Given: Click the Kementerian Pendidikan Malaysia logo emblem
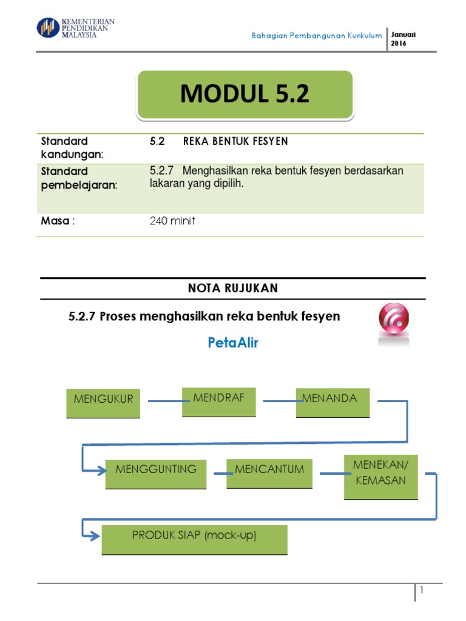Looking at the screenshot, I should coord(48,27).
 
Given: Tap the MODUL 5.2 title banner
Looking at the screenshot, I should coord(245,94).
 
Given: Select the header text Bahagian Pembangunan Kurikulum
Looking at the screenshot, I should coord(317,36).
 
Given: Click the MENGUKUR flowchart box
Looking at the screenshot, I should coord(103,403).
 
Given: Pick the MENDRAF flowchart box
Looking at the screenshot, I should coord(218,401).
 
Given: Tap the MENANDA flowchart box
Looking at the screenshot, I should coord(333,402).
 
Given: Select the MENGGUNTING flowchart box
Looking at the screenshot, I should coord(155,474).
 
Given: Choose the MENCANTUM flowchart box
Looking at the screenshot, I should coord(269,474).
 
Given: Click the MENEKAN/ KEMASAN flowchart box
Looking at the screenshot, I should coord(380,477).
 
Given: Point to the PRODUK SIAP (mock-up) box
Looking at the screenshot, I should coord(194,540).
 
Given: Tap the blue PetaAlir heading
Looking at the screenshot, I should coord(233,343).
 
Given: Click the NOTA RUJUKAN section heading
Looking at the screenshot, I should coord(233,289).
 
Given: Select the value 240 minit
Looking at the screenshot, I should coord(172,221).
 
